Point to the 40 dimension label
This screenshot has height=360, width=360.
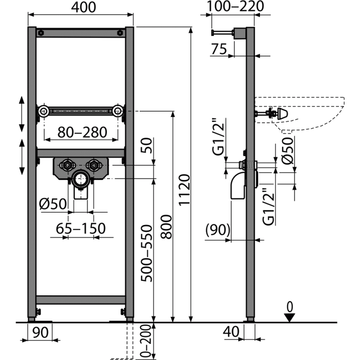pyautogui.click(x=231, y=332)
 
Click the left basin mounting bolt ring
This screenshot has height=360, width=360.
pyautogui.click(x=44, y=111)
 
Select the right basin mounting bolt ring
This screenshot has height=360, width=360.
pyautogui.click(x=117, y=111)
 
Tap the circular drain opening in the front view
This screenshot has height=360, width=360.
pyautogui.click(x=81, y=179)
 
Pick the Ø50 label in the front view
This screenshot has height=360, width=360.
pyautogui.click(x=53, y=204)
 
